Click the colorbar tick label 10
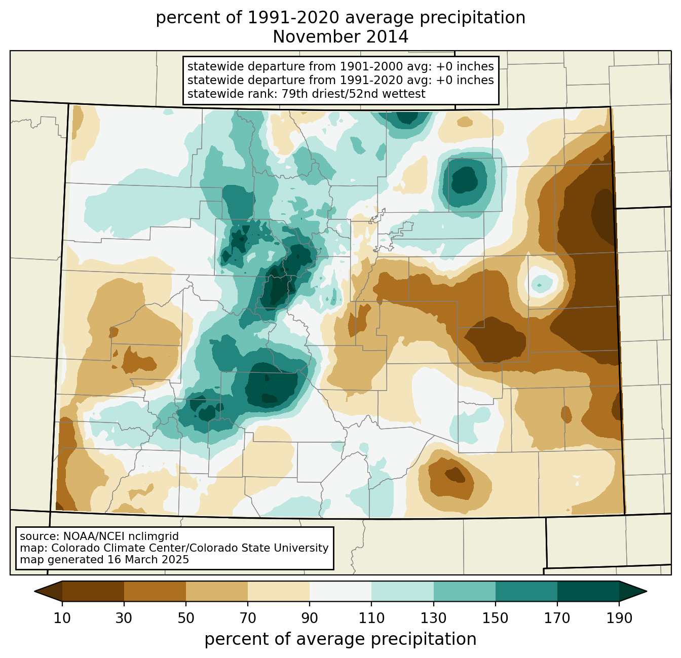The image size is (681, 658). click(62, 618)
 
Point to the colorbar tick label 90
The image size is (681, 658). click(310, 618)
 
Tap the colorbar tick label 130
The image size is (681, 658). click(433, 618)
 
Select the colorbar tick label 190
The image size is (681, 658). click(619, 618)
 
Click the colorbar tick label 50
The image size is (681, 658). click(186, 618)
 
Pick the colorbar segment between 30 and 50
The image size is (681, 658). click(155, 591)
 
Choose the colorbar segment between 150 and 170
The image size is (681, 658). click(526, 591)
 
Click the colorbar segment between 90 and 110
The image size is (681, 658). click(340, 591)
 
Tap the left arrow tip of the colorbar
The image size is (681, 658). click(34, 591)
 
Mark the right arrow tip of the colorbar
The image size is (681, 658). click(647, 591)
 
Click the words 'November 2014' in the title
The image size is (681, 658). click(340, 37)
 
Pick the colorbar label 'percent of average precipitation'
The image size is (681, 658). click(340, 639)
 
